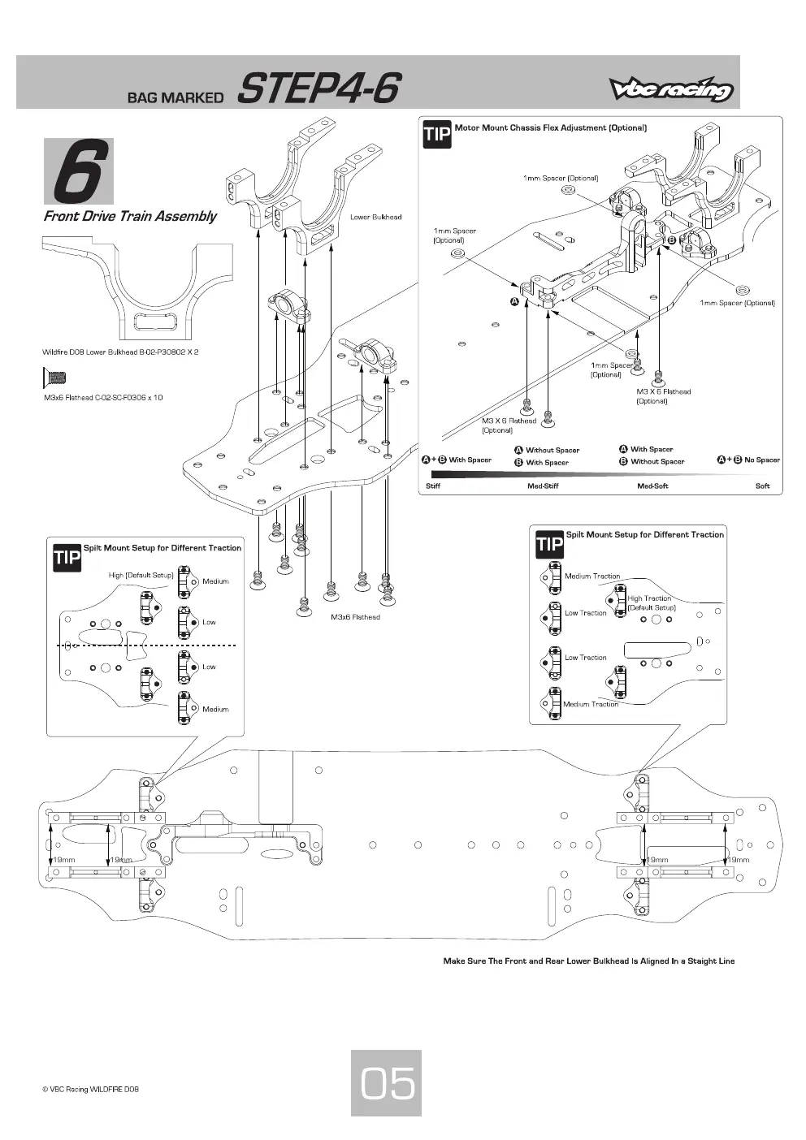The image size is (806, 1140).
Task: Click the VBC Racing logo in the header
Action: point(671,90)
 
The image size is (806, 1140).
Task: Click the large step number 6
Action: point(79,171)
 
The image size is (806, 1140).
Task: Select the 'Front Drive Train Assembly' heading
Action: point(130,216)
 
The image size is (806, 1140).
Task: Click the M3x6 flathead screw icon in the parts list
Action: point(54,378)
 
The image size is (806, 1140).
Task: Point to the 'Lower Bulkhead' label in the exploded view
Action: point(375,217)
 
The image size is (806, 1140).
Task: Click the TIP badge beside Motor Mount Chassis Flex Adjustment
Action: point(437,134)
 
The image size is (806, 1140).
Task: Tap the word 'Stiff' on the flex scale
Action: point(433,486)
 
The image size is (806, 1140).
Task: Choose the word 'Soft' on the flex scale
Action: point(762,486)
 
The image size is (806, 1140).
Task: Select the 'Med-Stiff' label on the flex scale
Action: point(543,486)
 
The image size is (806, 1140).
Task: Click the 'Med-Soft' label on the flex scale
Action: point(652,486)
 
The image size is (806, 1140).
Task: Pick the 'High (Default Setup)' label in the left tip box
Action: point(141,575)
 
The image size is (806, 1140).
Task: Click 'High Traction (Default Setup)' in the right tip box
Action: point(651,603)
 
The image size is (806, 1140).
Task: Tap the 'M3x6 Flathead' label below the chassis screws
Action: point(355,617)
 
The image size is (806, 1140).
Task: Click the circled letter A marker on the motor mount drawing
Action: point(515,302)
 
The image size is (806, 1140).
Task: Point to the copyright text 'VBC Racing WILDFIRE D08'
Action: point(91,1090)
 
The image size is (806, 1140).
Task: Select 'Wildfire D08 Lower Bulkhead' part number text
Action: point(120,352)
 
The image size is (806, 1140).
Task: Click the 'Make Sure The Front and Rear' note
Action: point(588,961)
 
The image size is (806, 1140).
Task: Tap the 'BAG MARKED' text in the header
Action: point(175,97)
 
